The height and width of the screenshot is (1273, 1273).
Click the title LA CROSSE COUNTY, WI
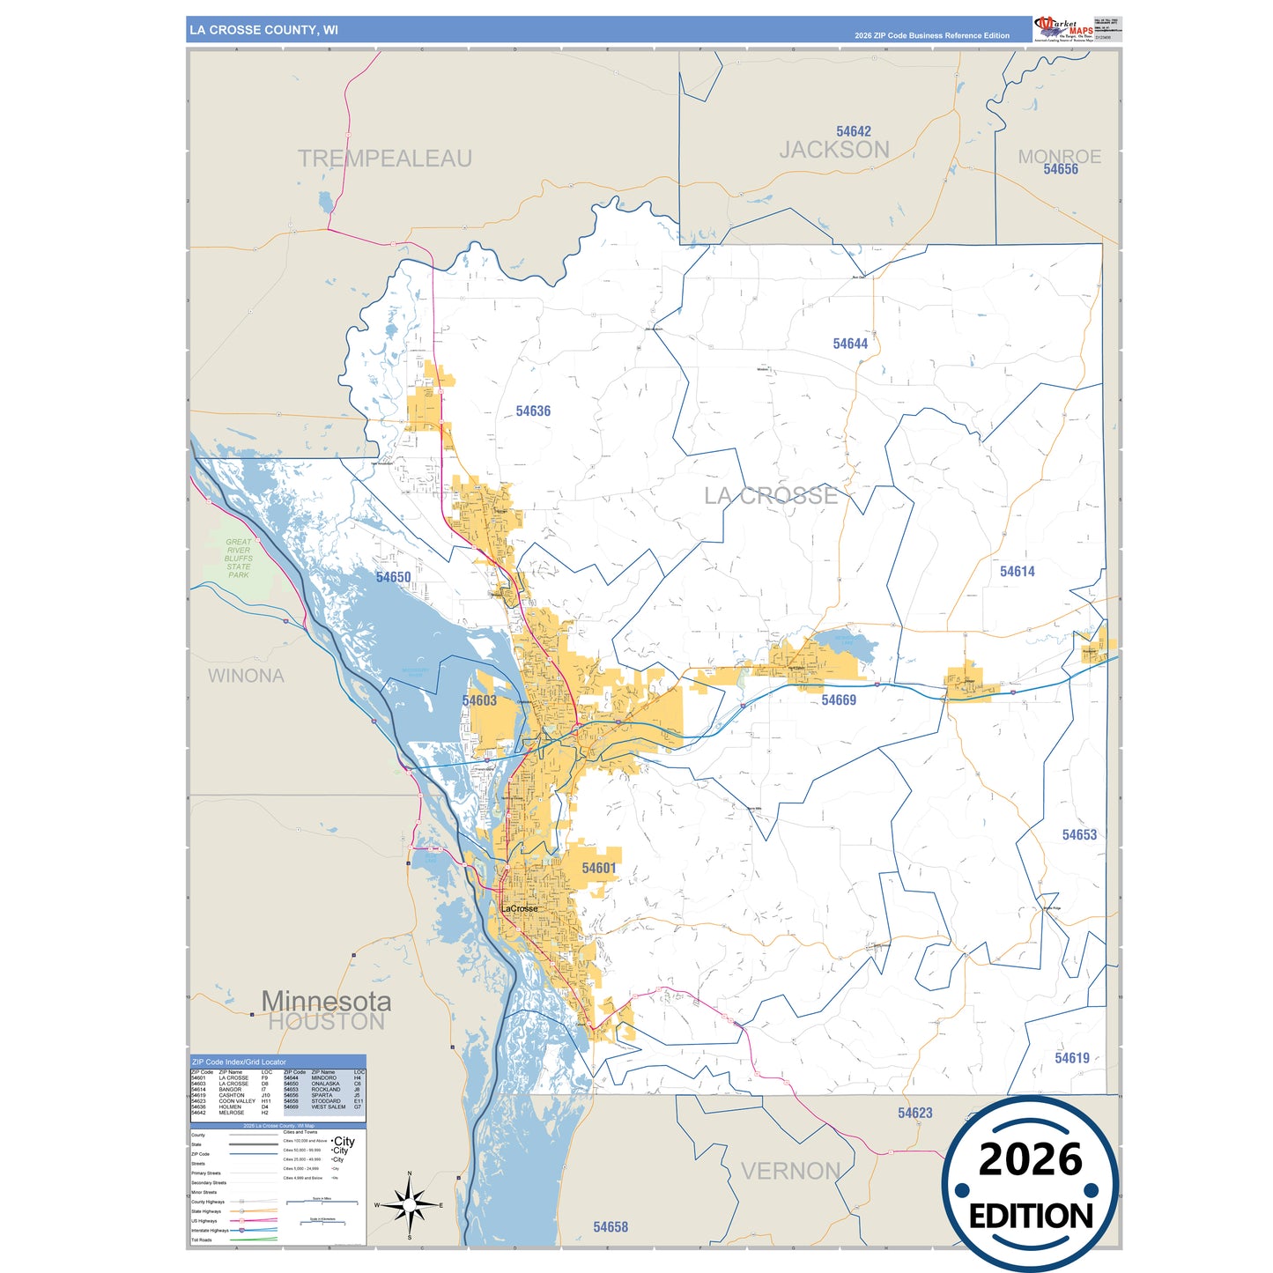263,30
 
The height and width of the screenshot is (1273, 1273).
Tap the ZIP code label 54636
533,411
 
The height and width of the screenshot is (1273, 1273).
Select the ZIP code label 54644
850,344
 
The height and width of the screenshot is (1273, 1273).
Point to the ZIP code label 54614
1017,572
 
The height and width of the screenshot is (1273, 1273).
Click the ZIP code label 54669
839,700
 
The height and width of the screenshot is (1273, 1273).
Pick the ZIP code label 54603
479,701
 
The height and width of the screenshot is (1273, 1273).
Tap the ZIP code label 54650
393,578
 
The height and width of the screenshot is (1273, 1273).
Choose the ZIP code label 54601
599,869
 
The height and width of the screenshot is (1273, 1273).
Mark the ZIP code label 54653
1079,835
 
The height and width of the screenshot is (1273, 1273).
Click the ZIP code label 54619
1072,1058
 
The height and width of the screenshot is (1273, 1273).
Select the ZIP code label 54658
611,1227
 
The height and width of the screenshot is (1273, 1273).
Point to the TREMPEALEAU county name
384,159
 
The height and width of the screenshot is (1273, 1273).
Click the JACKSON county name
834,151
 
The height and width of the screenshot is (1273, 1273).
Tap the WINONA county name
246,676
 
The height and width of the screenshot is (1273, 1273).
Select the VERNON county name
790,1172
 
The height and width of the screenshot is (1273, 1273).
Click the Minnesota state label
326,1002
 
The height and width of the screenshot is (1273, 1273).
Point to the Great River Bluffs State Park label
238,559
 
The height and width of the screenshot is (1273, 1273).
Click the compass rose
410,1204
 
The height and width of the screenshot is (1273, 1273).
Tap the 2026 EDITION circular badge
1030,1185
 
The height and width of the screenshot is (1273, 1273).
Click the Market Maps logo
1064,29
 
